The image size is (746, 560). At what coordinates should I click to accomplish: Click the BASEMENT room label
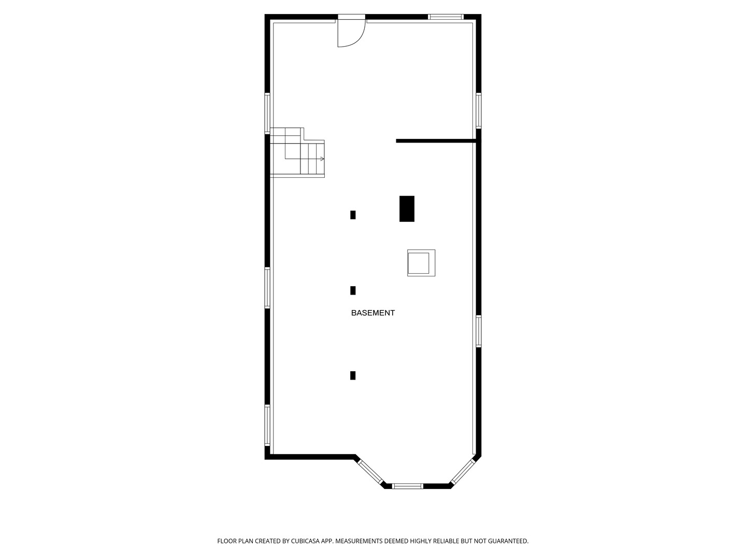click(x=373, y=313)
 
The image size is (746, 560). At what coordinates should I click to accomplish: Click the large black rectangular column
click(x=407, y=208)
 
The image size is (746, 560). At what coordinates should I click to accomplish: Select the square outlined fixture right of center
click(x=421, y=263)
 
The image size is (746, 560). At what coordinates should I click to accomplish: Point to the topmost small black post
click(x=353, y=215)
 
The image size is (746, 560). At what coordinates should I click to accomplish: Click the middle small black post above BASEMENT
click(x=353, y=290)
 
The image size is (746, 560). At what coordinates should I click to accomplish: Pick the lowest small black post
click(x=353, y=375)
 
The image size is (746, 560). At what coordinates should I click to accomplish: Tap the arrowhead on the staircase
click(x=322, y=159)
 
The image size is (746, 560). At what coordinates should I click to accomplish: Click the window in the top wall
click(x=445, y=17)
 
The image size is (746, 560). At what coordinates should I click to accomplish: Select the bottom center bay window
click(x=407, y=486)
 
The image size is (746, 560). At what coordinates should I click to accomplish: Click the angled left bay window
click(x=370, y=471)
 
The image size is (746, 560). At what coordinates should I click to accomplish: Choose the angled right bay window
click(x=463, y=471)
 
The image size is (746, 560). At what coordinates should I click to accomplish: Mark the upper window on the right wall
click(x=479, y=110)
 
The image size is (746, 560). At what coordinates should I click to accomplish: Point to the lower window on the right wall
click(x=479, y=331)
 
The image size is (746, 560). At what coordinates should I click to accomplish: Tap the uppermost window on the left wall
click(x=267, y=113)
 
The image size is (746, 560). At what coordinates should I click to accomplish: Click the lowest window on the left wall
click(x=267, y=425)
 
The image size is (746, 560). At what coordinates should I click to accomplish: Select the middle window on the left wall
click(x=267, y=288)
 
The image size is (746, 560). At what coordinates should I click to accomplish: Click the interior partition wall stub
click(x=435, y=141)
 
